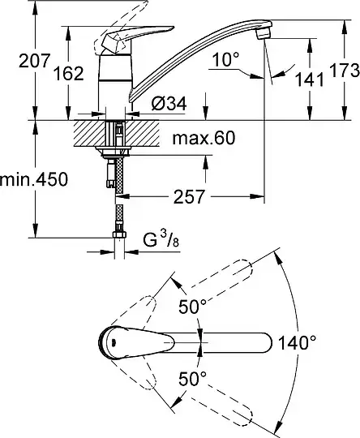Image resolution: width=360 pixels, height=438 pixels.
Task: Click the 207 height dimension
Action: tap(34, 61)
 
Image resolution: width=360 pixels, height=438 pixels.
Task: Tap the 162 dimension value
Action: tap(68, 74)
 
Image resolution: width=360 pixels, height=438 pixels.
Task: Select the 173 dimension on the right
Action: tap(345, 70)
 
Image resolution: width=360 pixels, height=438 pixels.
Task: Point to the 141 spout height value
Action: tap(310, 79)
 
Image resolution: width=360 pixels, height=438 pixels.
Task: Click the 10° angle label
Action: tap(226, 59)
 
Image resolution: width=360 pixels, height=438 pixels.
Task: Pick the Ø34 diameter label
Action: tap(169, 104)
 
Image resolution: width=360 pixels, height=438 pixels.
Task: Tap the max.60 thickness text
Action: tap(204, 138)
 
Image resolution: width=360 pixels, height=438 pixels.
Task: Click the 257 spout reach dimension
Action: tap(190, 196)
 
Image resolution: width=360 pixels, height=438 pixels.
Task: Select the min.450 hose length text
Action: tap(34, 179)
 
